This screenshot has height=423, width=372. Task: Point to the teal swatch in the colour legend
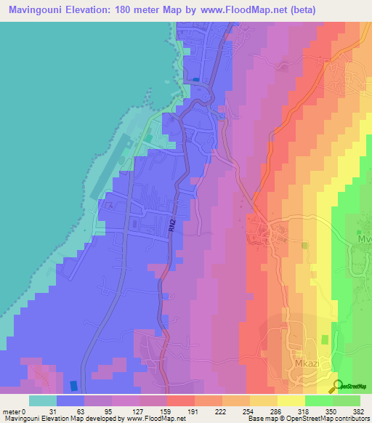point(43,400)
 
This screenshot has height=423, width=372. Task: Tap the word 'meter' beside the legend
point(12,412)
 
